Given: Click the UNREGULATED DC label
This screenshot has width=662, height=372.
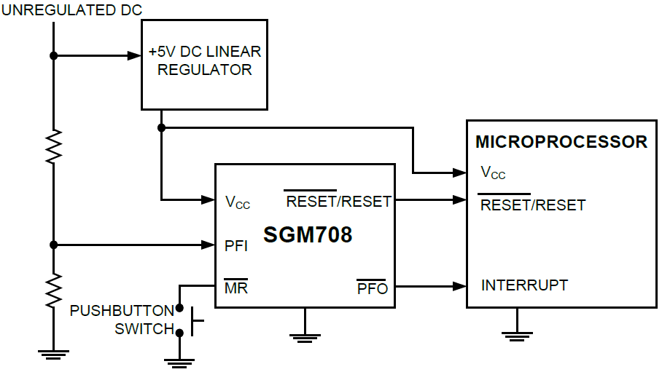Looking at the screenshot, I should (x=72, y=9).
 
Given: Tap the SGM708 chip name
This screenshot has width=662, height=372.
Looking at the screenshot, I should (x=305, y=235).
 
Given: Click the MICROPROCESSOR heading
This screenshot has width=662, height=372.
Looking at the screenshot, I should (x=561, y=142).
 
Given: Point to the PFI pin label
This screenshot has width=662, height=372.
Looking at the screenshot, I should (x=236, y=246).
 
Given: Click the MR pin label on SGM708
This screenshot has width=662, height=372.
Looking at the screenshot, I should (x=235, y=288).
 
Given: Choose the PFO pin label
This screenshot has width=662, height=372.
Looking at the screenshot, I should (x=372, y=288).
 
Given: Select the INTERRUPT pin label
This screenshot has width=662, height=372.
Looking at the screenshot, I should (x=524, y=285).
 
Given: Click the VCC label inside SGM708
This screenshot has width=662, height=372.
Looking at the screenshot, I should (x=238, y=202).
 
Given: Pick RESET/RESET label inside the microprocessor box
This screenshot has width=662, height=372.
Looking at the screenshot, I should (x=532, y=205).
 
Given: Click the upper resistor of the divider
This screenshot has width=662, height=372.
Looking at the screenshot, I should (x=53, y=146).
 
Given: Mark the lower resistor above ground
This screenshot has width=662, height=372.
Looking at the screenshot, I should (x=53, y=290).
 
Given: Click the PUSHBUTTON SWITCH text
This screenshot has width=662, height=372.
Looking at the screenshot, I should (x=122, y=320).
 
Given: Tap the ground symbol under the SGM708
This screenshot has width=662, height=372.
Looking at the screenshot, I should (x=305, y=336).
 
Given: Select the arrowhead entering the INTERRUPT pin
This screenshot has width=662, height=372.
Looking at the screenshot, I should (x=461, y=285).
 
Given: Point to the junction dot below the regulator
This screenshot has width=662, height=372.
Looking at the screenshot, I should (x=161, y=127).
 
